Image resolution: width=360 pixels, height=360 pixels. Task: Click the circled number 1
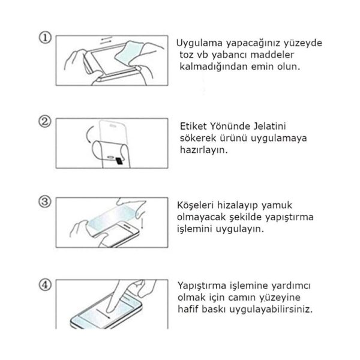pos(45,38)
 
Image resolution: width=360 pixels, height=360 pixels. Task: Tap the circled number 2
pos(45,121)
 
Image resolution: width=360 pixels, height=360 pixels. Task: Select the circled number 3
pos(45,202)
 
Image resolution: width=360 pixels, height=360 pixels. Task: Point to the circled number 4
pos(45,285)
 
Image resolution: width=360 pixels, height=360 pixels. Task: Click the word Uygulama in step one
pos(199,44)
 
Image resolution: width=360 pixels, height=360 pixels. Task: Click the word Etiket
pos(193,126)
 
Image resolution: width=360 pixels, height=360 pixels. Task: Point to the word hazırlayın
pos(204,150)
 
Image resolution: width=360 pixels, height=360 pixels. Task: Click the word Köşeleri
pos(195,205)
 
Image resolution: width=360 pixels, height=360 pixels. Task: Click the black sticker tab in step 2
pos(119,161)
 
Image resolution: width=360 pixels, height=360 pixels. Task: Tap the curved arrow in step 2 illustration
pos(88,134)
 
